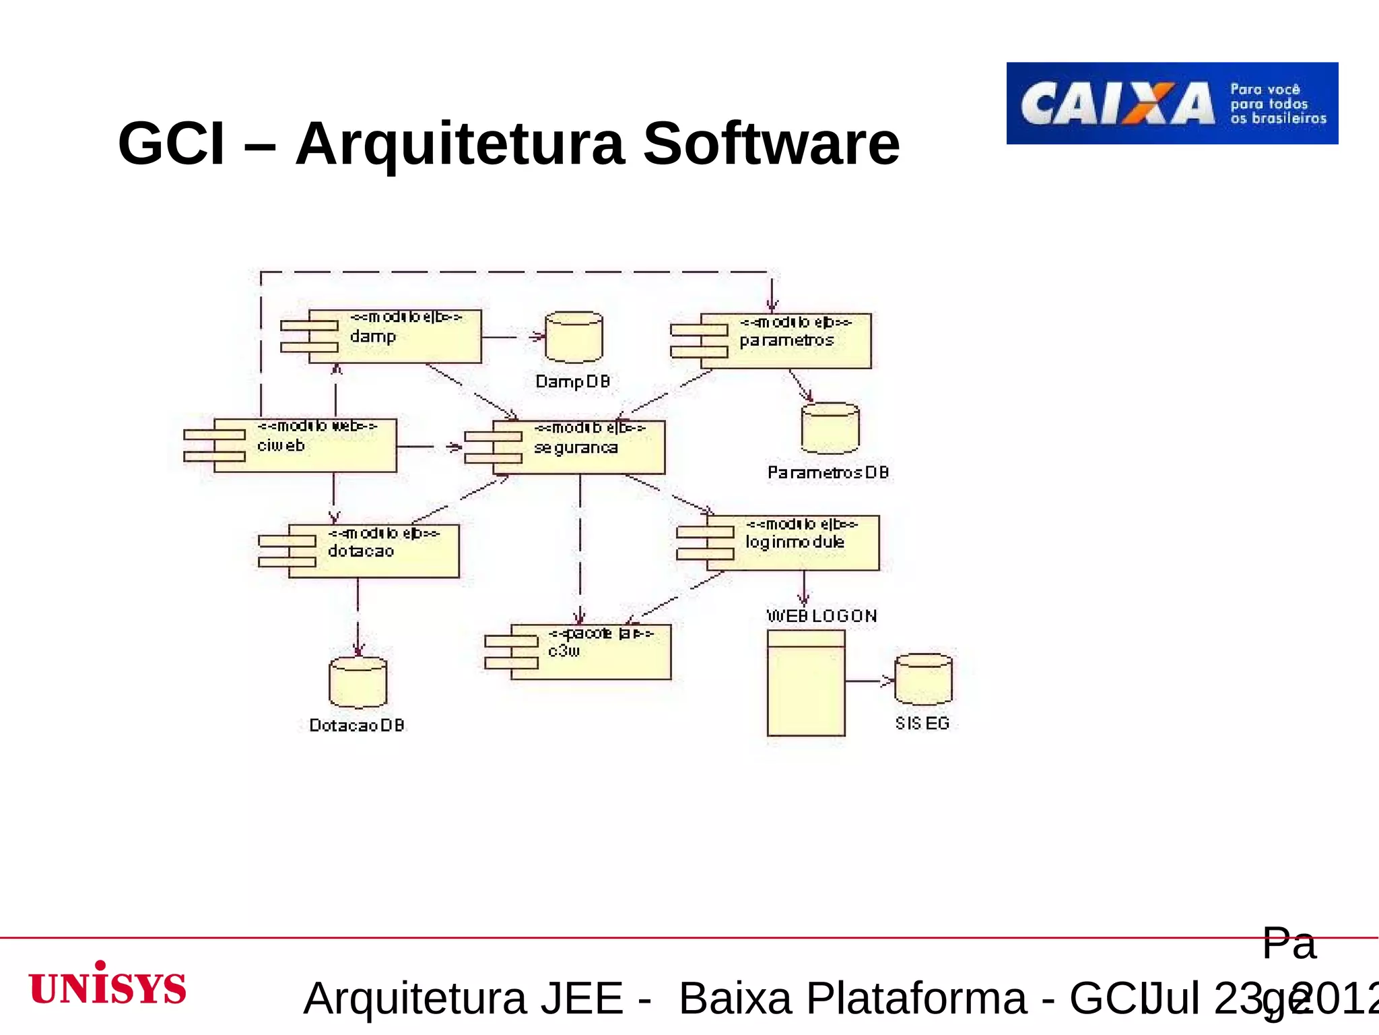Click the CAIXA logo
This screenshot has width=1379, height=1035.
[1172, 103]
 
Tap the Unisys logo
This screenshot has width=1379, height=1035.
[108, 984]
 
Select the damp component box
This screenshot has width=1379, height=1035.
[394, 337]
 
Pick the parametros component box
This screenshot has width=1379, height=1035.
[784, 341]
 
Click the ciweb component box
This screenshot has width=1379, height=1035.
[304, 445]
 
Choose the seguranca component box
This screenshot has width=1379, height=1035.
[578, 447]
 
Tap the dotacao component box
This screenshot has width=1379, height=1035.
[373, 551]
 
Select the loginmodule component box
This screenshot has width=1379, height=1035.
[792, 543]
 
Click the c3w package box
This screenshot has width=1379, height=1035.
[590, 652]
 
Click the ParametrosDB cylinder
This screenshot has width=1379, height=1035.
[830, 429]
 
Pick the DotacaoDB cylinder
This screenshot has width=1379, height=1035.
[358, 683]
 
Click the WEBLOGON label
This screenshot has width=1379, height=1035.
[821, 616]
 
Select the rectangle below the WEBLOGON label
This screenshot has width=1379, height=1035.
[806, 683]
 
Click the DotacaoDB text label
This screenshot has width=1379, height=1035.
[357, 725]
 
